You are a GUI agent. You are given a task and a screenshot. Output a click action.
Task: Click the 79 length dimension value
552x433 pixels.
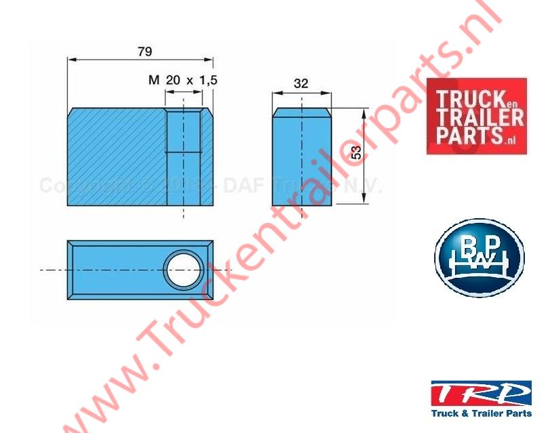[x=144, y=51]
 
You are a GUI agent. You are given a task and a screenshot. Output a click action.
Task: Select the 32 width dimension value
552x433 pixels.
[x=301, y=83]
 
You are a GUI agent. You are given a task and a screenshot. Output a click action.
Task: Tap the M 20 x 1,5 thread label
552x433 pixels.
[x=182, y=80]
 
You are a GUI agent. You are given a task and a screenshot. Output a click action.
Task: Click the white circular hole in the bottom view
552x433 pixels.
[x=184, y=268]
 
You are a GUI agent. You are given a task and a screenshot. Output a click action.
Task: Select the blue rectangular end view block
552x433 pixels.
[x=301, y=159]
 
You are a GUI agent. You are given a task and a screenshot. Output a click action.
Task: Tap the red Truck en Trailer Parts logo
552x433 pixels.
[x=475, y=116]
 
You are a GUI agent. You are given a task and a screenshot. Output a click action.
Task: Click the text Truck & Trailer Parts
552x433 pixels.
[x=481, y=413]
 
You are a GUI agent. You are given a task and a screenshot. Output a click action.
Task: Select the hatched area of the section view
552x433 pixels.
[x=115, y=159]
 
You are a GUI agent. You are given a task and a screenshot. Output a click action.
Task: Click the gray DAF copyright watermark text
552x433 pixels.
[x=210, y=186]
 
